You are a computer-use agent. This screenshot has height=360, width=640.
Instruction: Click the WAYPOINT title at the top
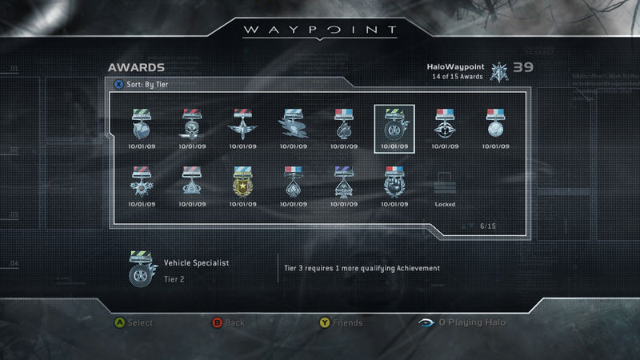click(x=320, y=30)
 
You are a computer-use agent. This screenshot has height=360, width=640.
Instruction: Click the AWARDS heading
click(x=136, y=67)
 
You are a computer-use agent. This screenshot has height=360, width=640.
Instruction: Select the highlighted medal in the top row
click(x=394, y=126)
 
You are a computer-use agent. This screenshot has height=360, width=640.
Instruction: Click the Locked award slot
click(x=445, y=189)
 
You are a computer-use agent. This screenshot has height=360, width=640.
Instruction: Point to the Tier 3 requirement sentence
click(x=362, y=268)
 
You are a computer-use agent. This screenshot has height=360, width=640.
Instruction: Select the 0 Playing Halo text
click(x=472, y=322)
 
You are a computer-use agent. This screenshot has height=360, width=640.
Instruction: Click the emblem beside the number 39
click(x=499, y=71)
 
